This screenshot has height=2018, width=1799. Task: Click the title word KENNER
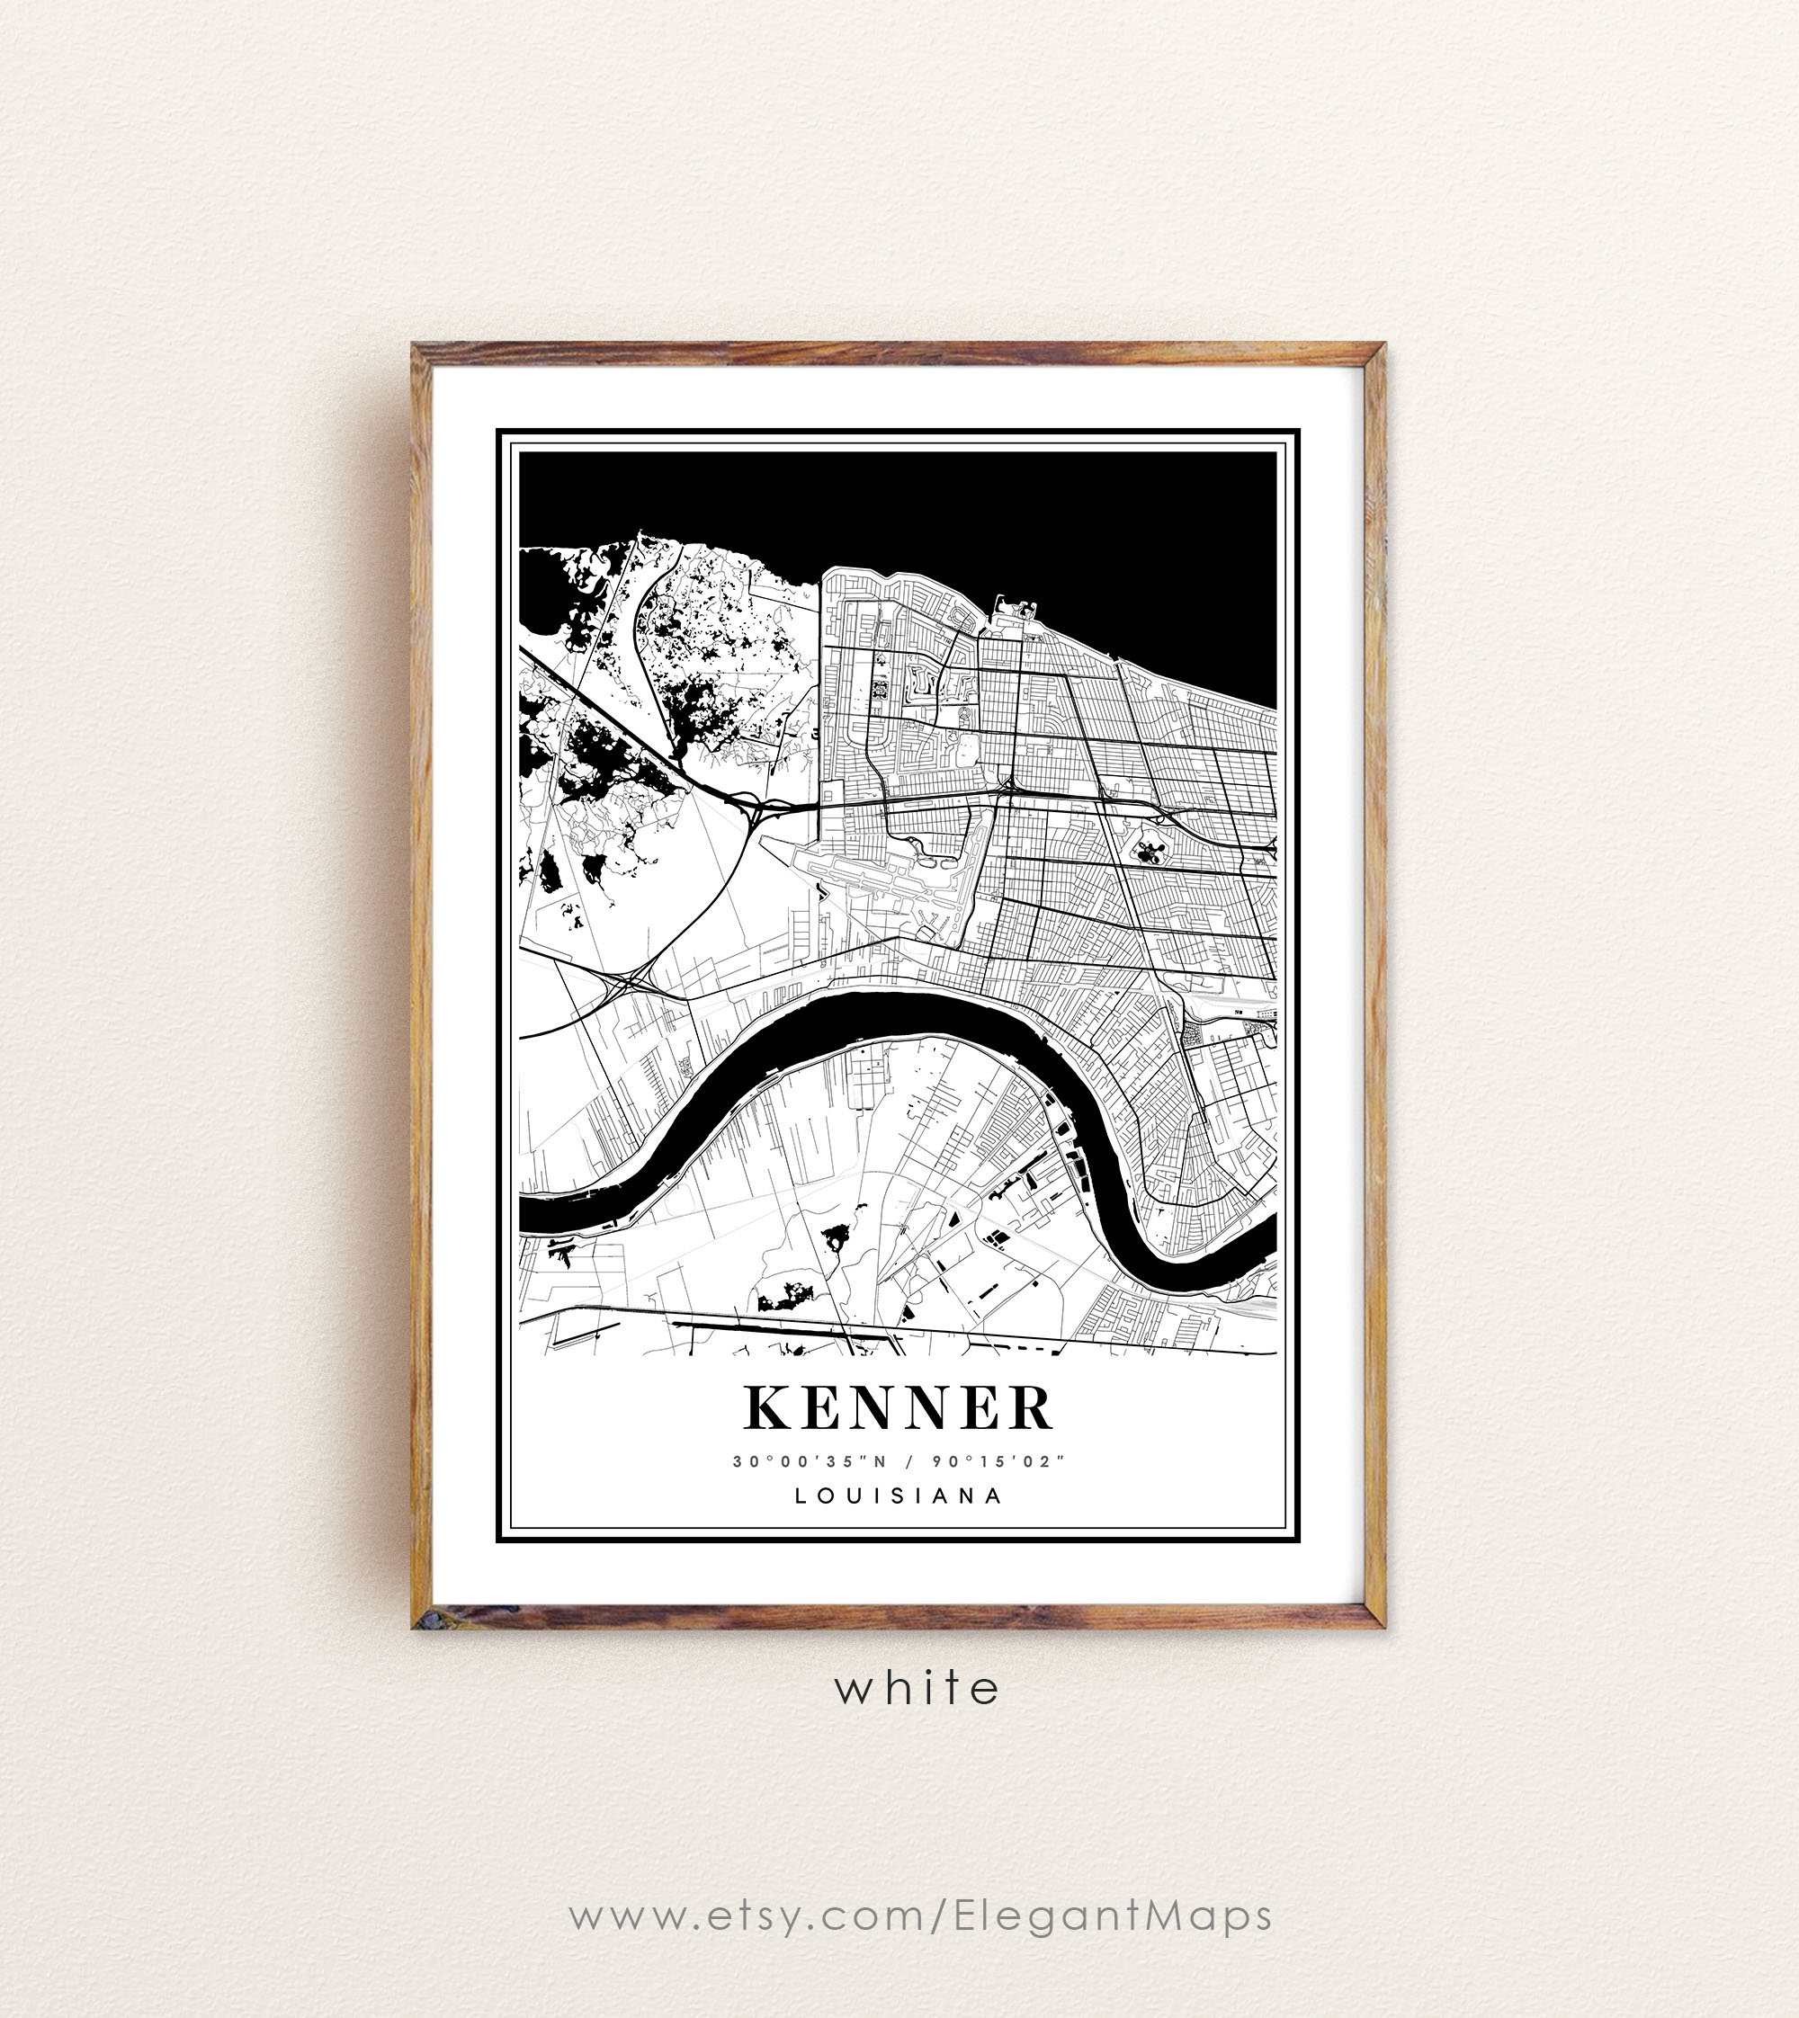(x=898, y=1408)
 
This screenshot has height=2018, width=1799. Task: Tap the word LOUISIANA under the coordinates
(x=899, y=1496)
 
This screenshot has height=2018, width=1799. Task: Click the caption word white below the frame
(x=917, y=1688)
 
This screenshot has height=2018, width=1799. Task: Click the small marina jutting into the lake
(x=1018, y=608)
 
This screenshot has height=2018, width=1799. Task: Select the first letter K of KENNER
(x=764, y=1408)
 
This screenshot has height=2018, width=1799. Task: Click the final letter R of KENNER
(x=1033, y=1408)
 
